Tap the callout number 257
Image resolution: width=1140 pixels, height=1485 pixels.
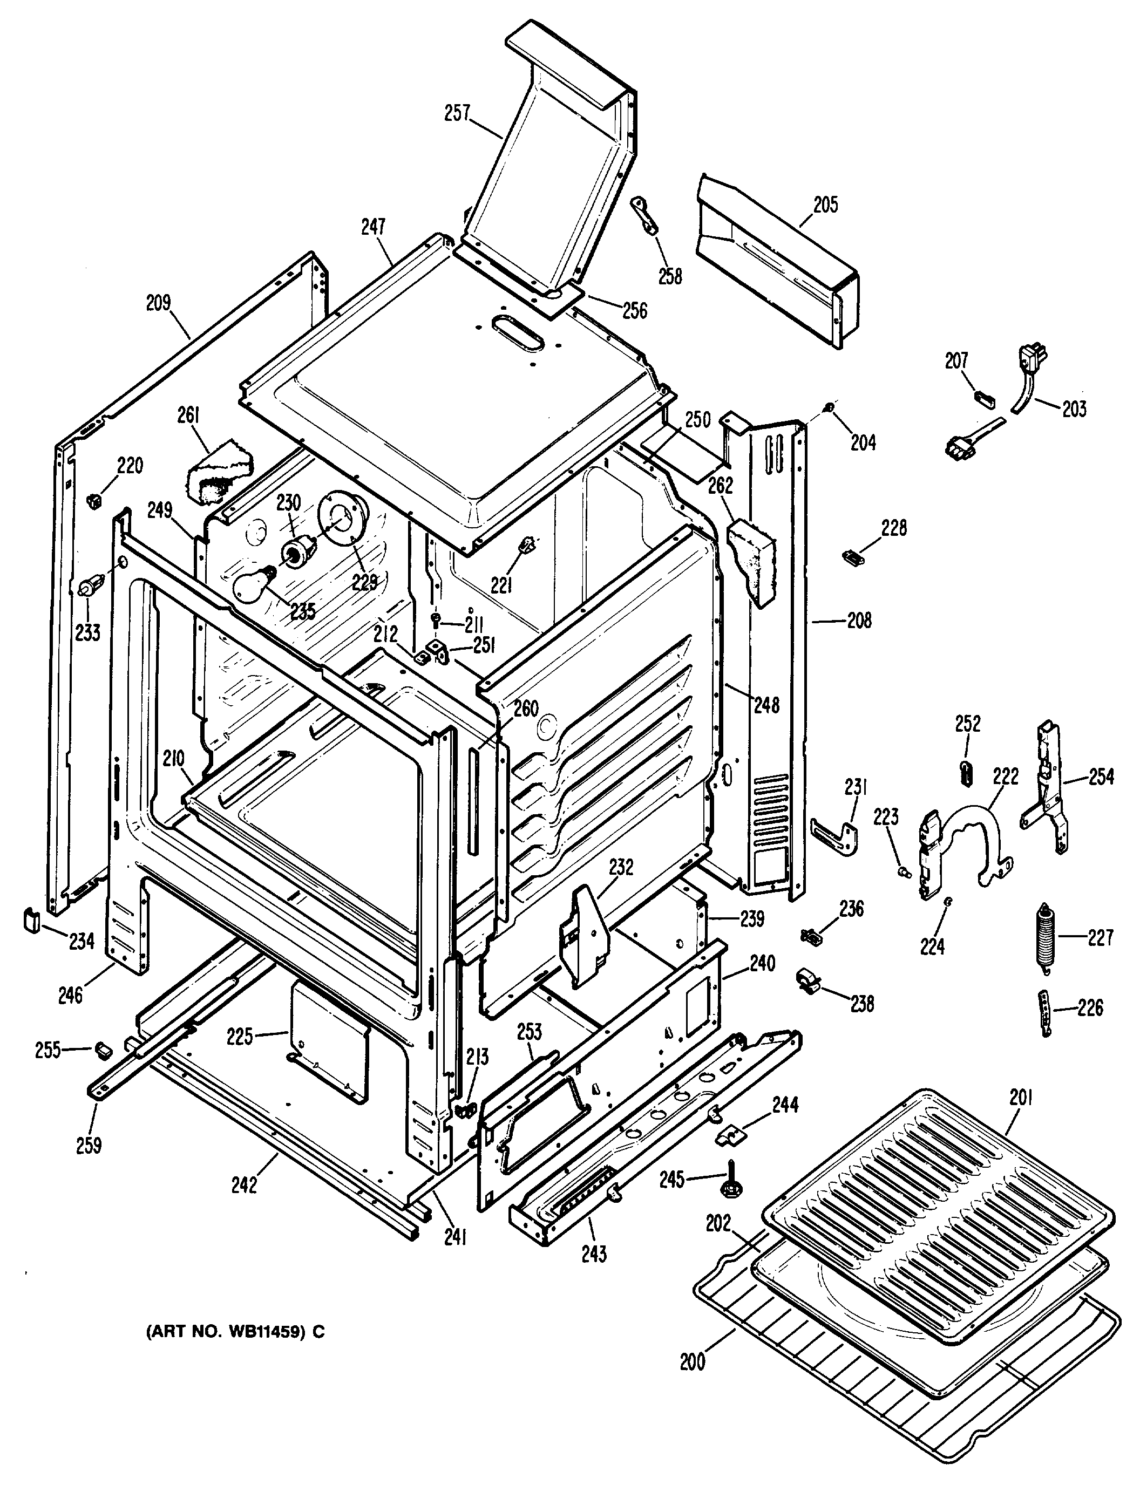click(457, 113)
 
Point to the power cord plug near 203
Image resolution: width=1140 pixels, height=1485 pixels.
click(1030, 358)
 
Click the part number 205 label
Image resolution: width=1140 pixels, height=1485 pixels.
click(825, 205)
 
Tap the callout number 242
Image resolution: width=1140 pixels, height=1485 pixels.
click(245, 1184)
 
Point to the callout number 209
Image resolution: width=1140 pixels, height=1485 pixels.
click(158, 303)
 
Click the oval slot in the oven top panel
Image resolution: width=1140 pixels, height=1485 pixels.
click(520, 332)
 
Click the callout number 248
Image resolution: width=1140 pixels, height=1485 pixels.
click(767, 705)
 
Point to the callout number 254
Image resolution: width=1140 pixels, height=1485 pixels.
click(1101, 776)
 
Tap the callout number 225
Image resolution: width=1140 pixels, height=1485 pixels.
click(240, 1037)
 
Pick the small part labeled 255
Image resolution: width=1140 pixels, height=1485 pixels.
click(104, 1050)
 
